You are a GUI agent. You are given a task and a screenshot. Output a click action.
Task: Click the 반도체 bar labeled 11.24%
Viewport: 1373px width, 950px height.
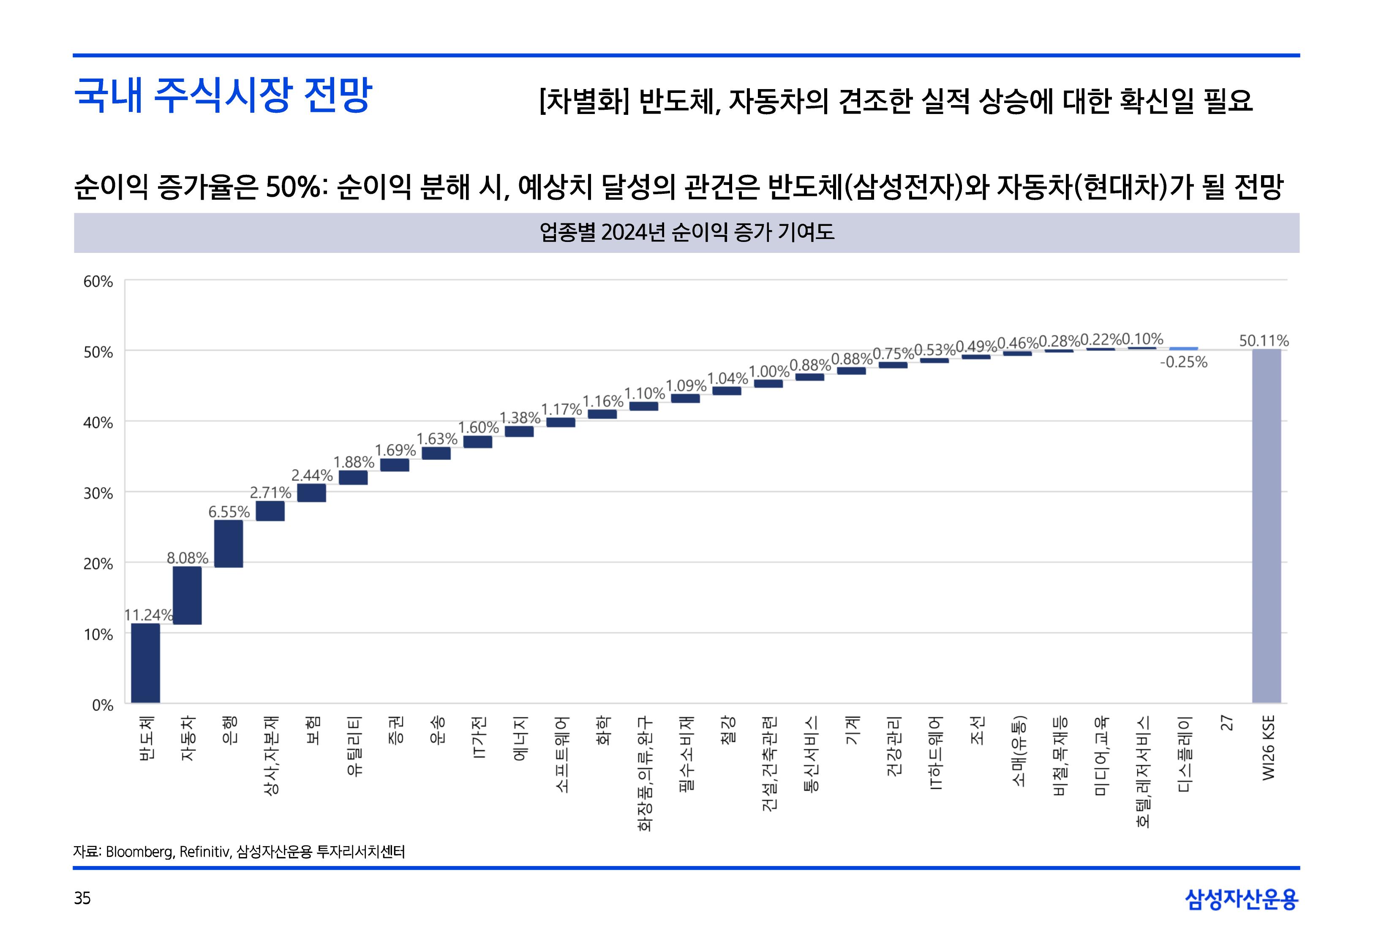145,662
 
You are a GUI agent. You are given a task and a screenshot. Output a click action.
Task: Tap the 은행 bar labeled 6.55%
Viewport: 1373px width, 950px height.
229,543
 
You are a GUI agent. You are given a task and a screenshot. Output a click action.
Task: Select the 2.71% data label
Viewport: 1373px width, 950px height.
270,492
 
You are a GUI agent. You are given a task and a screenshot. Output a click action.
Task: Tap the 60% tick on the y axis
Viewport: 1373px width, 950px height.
98,282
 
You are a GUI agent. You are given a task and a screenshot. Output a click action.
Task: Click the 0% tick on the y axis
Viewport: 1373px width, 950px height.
102,706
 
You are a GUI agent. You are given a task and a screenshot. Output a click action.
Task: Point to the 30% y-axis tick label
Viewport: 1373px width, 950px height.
98,494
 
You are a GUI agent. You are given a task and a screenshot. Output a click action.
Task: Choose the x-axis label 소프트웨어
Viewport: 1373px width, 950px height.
561,754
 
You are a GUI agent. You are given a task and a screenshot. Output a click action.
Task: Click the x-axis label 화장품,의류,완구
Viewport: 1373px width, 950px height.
645,773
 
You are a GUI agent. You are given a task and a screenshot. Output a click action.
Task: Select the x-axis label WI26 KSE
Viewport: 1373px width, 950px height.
1268,748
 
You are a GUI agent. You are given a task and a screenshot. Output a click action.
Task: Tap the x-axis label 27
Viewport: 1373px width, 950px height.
1226,723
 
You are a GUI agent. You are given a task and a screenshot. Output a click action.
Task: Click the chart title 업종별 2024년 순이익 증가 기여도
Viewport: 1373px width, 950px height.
686,232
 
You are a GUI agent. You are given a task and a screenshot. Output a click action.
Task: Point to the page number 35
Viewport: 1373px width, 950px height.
82,898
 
